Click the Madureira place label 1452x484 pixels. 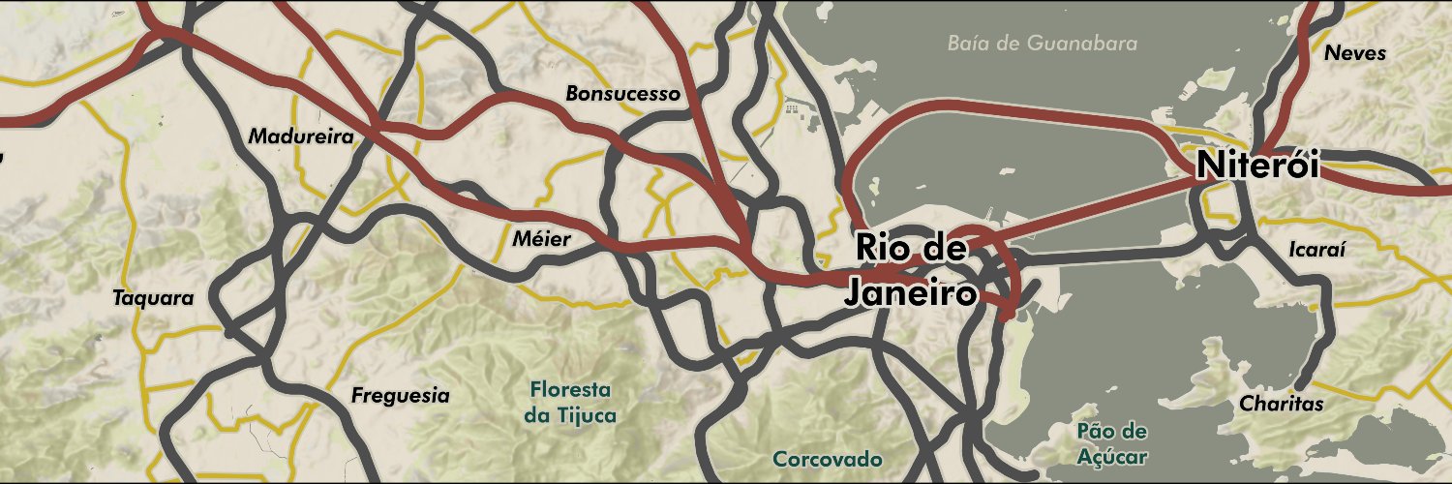(300, 136)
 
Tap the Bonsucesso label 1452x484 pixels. (622, 94)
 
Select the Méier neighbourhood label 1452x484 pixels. (541, 238)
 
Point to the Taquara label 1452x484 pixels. (153, 297)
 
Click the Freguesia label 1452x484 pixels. (400, 395)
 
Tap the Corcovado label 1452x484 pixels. (827, 458)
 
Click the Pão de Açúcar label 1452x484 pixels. (1111, 443)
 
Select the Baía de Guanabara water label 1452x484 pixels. (1042, 44)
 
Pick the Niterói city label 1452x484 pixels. (1257, 165)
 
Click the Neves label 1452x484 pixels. (1355, 53)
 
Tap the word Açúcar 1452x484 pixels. (1111, 457)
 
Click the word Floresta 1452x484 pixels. (571, 390)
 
